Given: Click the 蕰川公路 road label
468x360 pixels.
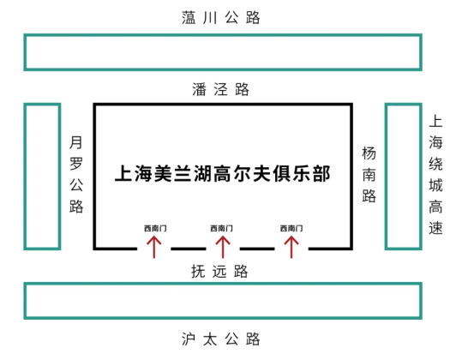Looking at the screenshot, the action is [x=221, y=18].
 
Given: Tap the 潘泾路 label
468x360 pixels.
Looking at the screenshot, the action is [x=220, y=89].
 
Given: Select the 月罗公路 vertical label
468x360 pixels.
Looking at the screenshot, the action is [x=76, y=174].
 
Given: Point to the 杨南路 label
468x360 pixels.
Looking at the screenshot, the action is [x=369, y=175].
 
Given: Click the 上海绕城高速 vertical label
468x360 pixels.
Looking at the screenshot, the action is [x=435, y=175].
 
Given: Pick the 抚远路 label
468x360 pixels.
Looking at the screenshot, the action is [x=219, y=272].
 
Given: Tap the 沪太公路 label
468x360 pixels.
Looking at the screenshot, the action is [x=221, y=339].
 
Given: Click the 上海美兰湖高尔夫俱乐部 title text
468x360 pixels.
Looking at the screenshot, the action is [x=223, y=173].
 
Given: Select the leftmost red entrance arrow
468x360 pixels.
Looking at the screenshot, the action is [x=154, y=247].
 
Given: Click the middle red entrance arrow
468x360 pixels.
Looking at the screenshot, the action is [x=223, y=247].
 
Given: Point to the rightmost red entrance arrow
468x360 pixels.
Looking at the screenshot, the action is [x=291, y=247].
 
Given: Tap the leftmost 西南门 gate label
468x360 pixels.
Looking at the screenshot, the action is [x=155, y=228].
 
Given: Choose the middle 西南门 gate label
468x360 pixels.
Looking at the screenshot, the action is [x=221, y=228].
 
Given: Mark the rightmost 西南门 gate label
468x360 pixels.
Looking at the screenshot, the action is [x=291, y=228].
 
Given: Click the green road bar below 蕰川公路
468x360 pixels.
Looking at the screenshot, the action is [x=223, y=35].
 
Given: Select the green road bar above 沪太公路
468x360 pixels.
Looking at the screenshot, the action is [x=223, y=284].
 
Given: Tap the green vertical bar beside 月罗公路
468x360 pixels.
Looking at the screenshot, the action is [x=26, y=176].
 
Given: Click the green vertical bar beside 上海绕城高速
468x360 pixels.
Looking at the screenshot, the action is [x=387, y=176].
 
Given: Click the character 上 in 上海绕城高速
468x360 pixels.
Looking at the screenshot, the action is [x=435, y=122].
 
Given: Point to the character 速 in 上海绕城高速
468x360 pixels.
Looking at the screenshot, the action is [x=435, y=228].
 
